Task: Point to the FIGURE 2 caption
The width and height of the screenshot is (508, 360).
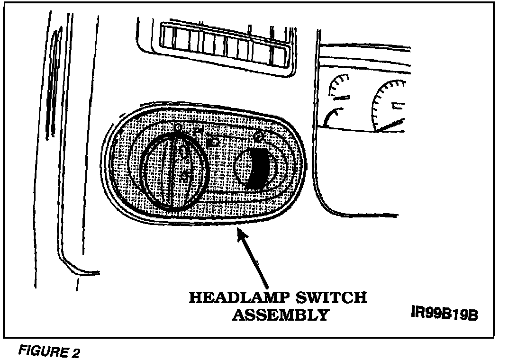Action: tap(49, 352)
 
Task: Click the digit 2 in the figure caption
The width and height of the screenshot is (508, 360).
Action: tap(76, 352)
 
